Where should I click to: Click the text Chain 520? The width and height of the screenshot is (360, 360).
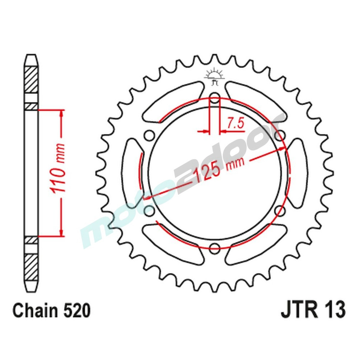(x=51, y=311)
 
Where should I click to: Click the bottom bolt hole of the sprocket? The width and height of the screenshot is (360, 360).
(x=215, y=247)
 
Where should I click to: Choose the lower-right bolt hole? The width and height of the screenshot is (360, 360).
(x=279, y=210)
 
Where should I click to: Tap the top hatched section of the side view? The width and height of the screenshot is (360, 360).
(x=31, y=80)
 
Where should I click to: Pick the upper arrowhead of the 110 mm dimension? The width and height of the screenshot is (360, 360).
(x=62, y=113)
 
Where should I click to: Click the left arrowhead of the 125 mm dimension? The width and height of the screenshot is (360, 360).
(x=146, y=197)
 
